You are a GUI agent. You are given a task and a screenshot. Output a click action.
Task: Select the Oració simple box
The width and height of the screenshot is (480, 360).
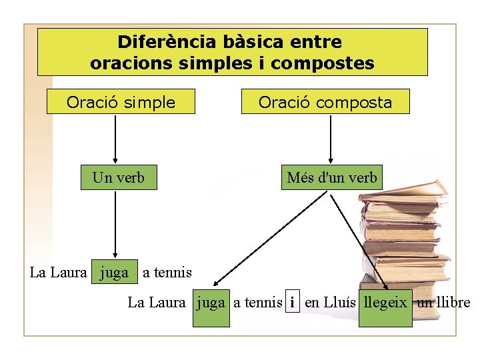pos(121,102)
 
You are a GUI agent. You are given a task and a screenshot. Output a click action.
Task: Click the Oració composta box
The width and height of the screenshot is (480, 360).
pos(325,102)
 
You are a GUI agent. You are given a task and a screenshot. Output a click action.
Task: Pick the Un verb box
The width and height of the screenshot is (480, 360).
pos(119,178)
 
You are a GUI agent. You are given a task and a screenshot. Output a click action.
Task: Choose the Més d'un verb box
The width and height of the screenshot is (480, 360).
pos(331,178)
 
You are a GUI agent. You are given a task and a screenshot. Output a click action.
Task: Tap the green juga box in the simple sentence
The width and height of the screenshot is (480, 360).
pos(114,272)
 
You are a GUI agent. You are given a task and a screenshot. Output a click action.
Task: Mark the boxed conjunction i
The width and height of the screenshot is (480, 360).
pos(292,302)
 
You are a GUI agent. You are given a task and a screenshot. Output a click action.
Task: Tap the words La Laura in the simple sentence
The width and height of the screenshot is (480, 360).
pos(59,272)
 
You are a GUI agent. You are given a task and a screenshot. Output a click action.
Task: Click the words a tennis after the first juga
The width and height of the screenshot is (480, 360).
pos(167,272)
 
